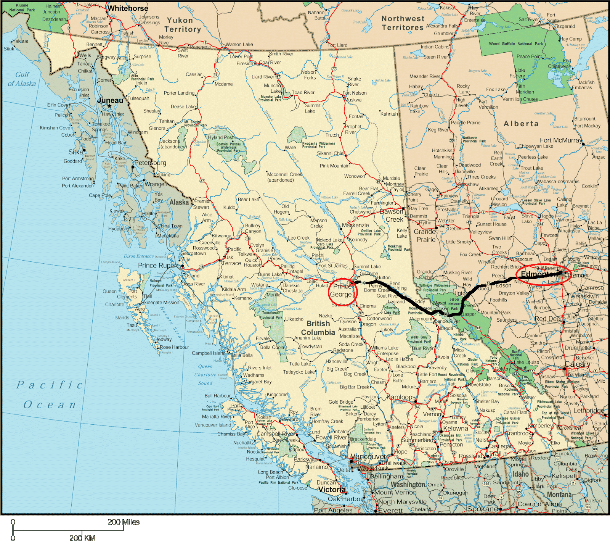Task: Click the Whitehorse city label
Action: coord(128,8)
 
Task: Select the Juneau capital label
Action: coord(110,100)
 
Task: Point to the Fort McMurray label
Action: coord(561,140)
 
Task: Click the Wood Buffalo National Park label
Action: coord(516,44)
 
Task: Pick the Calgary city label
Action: coord(578,364)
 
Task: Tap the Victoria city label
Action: coord(332,490)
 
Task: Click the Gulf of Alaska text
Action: coord(22,79)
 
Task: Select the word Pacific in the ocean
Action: coord(50,385)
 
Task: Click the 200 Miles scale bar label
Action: coord(124,522)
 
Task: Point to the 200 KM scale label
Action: coord(82,538)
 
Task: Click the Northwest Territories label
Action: coord(403,23)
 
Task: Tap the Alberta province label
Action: coord(521,124)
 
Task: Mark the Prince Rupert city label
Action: coord(157,265)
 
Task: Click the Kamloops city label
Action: coord(401,397)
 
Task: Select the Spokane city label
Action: coord(482,509)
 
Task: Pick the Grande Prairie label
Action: coord(425,235)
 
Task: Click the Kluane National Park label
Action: coord(22,8)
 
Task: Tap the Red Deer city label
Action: coord(548,319)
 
